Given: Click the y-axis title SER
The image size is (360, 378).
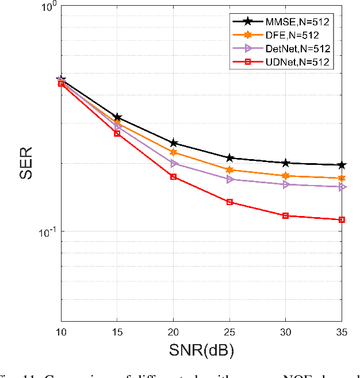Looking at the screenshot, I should pos(26,164).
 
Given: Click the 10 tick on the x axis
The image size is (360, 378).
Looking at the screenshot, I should pos(60,331).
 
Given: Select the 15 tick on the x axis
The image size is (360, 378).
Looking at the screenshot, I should pos(117,331).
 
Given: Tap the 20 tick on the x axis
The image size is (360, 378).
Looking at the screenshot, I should pos(173,331).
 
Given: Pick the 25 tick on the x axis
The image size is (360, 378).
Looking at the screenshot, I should pos(229,331).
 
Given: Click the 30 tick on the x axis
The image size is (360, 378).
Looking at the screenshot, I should pos(286,331).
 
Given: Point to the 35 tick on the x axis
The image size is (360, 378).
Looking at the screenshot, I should pos(342,331).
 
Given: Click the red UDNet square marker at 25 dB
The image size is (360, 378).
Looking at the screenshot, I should pos(229,202).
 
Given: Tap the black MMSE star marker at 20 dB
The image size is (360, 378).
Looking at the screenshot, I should pos(173,143).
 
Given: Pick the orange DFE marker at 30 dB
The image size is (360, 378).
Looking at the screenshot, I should pos(286,176).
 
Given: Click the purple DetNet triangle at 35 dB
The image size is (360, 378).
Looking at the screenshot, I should pos(342,187).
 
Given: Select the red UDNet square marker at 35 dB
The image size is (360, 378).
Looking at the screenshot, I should pos(342,219).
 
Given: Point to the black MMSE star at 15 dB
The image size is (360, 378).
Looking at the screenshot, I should pos(117,117).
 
